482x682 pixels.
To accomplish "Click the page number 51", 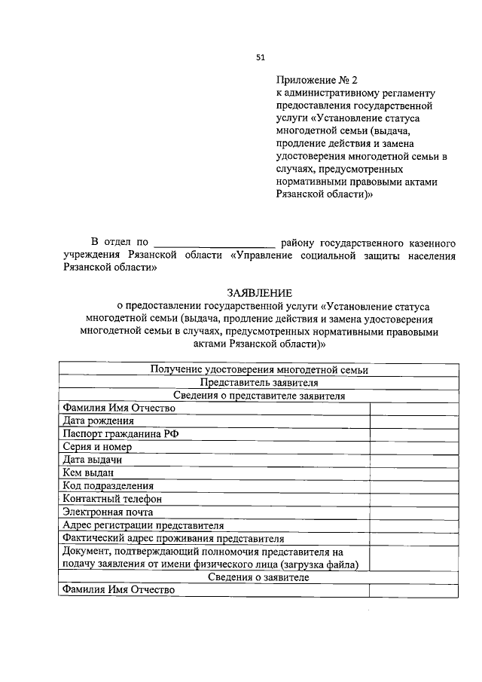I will tap(261, 57).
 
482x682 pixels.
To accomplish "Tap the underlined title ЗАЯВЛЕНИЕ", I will tap(258, 292).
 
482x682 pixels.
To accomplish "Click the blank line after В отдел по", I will tap(215, 243).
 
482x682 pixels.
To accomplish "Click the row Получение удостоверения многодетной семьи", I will tap(258, 369).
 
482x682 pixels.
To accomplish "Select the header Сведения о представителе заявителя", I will tap(258, 395).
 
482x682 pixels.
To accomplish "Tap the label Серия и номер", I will tap(99, 447).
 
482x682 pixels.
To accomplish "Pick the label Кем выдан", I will tap(89, 473).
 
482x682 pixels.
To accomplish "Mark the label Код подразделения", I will tap(108, 486).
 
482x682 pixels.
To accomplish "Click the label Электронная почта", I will tap(108, 512).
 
